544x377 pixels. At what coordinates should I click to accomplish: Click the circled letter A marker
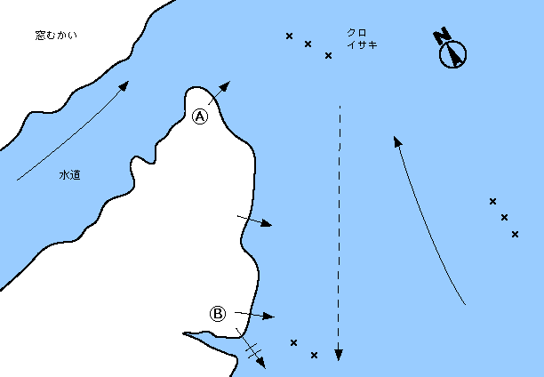pos(200,116)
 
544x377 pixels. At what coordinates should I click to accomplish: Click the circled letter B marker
pos(218,314)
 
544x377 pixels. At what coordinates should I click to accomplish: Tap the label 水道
pos(70,175)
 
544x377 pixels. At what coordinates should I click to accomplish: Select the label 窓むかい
pos(56,36)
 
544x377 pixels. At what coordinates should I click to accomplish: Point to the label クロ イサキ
pos(362,38)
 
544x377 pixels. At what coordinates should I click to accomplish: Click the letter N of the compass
pos(441,36)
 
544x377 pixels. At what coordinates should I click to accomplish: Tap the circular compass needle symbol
pos(452,54)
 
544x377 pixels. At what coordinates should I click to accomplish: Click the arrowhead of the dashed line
pos(339,355)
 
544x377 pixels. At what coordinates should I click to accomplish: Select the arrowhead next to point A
pos(225,86)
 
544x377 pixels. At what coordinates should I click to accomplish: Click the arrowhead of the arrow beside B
pos(268,317)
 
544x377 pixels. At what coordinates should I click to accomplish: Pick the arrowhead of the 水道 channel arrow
pos(124,85)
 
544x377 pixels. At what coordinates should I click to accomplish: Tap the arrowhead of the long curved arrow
pos(397,141)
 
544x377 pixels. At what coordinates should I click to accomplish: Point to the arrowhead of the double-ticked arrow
pos(261,363)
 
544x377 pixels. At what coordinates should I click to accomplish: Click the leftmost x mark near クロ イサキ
pos(290,36)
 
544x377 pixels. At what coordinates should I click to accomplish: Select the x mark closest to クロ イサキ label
pos(328,55)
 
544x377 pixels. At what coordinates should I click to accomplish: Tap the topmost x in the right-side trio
pos(492,201)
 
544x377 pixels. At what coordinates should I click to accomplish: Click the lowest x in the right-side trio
pos(515,235)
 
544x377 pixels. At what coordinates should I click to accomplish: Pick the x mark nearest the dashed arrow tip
pos(314,355)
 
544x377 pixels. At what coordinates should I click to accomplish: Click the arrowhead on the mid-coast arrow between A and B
pos(266,223)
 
